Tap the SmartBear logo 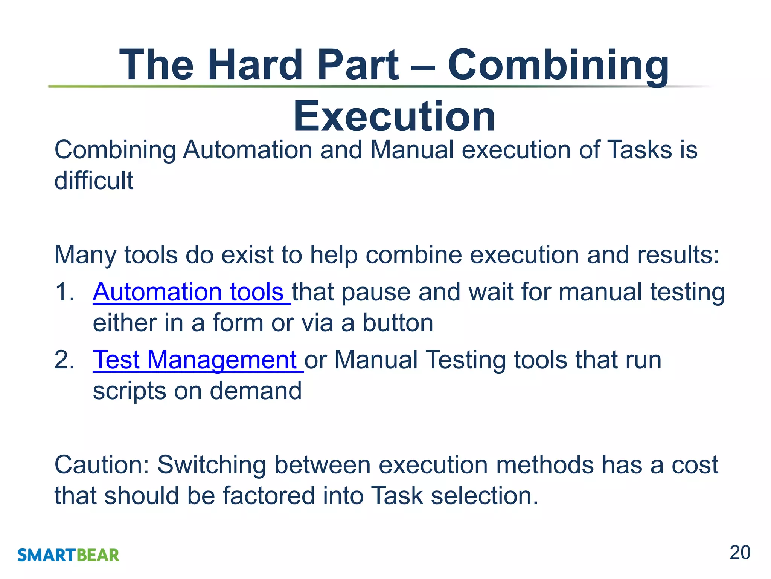(68, 555)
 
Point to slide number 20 (740, 553)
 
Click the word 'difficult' (94, 181)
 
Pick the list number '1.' (65, 292)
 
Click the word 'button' (398, 323)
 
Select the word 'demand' (256, 391)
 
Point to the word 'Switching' (212, 465)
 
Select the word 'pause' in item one (376, 292)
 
